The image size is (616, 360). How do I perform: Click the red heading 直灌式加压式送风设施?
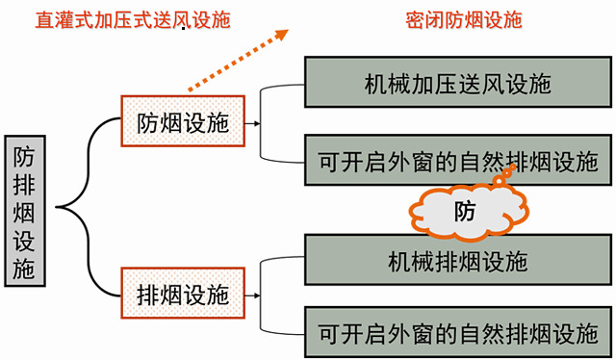(x=133, y=20)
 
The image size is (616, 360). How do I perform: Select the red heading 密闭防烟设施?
(x=464, y=20)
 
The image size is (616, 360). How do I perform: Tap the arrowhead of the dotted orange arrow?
(x=282, y=35)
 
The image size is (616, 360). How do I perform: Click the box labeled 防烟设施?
(x=183, y=121)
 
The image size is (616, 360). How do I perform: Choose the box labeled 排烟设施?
(x=183, y=294)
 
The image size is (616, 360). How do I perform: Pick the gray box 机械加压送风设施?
(x=458, y=82)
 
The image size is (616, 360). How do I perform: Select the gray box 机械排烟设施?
(x=458, y=260)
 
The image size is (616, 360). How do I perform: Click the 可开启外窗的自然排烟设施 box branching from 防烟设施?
(x=458, y=160)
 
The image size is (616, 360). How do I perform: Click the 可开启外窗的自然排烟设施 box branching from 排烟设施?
(x=458, y=332)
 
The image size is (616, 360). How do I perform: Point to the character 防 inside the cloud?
(x=465, y=212)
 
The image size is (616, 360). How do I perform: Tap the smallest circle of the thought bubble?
(x=513, y=167)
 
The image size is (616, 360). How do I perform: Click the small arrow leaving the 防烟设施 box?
(x=252, y=123)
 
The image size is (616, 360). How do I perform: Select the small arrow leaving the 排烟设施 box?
(x=252, y=296)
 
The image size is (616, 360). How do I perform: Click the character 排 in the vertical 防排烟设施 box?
(x=24, y=184)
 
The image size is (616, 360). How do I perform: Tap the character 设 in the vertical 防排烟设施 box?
(x=24, y=241)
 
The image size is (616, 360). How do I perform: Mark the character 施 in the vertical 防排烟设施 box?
(x=24, y=269)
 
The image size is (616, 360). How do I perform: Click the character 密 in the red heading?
(x=415, y=20)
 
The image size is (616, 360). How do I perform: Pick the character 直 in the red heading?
(x=45, y=20)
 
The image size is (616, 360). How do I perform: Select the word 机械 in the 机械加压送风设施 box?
(x=388, y=84)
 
